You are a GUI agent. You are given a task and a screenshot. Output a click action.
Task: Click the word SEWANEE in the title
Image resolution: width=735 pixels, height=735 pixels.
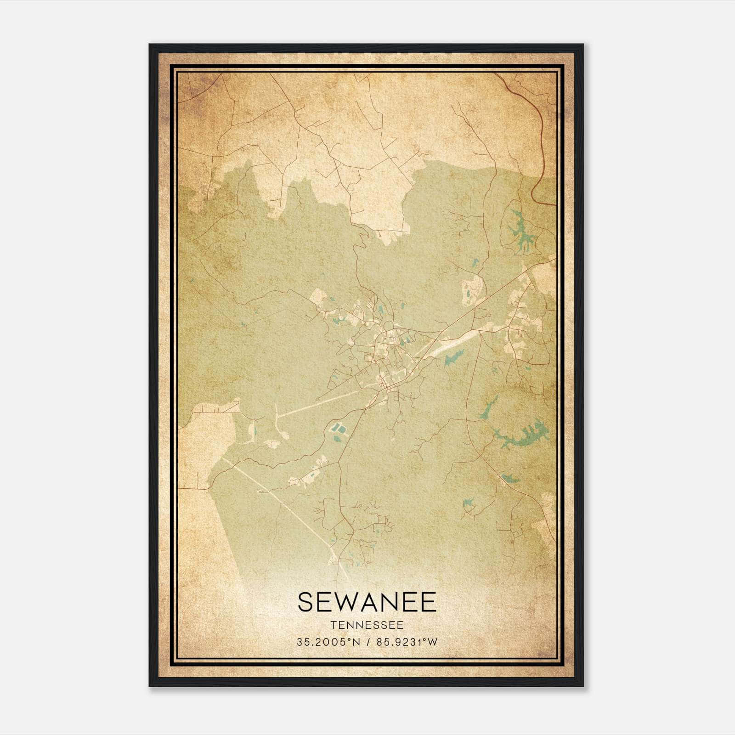pyautogui.click(x=367, y=602)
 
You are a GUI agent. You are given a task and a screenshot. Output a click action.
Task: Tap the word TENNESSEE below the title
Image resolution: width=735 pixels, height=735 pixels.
pyautogui.click(x=367, y=626)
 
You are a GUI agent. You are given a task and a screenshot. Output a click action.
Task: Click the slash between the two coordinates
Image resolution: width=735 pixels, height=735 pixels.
pyautogui.click(x=367, y=642)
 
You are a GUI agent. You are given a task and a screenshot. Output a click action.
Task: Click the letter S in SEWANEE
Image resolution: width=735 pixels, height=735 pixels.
pyautogui.click(x=306, y=602)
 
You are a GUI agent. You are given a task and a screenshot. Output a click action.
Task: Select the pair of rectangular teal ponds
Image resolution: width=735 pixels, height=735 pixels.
pyautogui.click(x=339, y=430)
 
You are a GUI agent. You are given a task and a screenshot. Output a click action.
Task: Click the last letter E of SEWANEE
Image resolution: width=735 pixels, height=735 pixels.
pyautogui.click(x=429, y=602)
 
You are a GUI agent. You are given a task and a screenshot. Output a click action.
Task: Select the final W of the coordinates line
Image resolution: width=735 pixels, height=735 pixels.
pyautogui.click(x=432, y=642)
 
